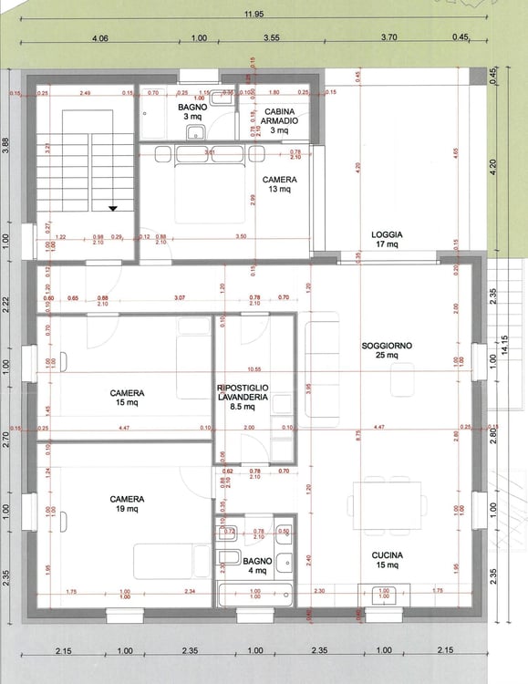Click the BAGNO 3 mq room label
click(192, 111)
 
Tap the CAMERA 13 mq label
click(278, 184)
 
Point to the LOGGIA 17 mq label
click(387, 239)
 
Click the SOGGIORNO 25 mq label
click(387, 350)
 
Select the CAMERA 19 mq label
click(127, 503)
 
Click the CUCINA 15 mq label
click(387, 560)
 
